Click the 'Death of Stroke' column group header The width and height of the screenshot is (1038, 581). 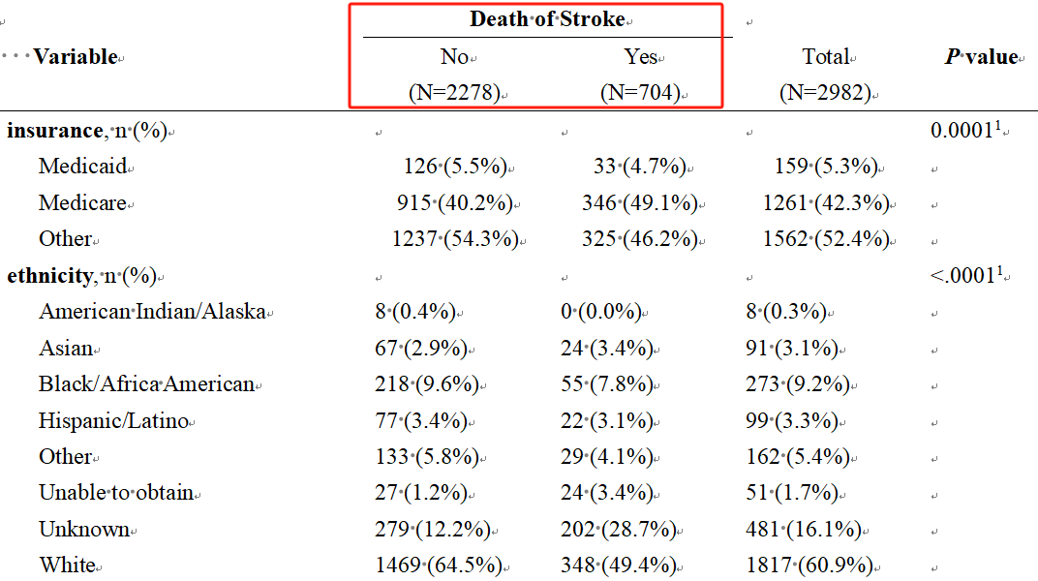547,19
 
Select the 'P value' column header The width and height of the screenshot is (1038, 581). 981,57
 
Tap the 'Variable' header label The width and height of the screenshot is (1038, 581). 76,57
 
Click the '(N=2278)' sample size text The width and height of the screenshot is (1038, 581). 454,93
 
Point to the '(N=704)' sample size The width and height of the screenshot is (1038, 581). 640,93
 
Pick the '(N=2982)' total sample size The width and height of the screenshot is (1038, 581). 825,93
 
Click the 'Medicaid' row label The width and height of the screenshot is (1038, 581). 82,167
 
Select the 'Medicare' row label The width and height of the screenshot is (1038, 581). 82,203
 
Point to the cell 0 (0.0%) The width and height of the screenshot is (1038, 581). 601,312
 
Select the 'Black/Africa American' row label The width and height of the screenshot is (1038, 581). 146,384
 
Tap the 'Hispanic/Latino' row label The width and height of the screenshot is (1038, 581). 114,421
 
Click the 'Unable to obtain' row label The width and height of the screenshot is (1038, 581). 116,493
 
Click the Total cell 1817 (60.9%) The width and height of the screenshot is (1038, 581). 817,566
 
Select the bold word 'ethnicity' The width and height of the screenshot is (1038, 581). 48,276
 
